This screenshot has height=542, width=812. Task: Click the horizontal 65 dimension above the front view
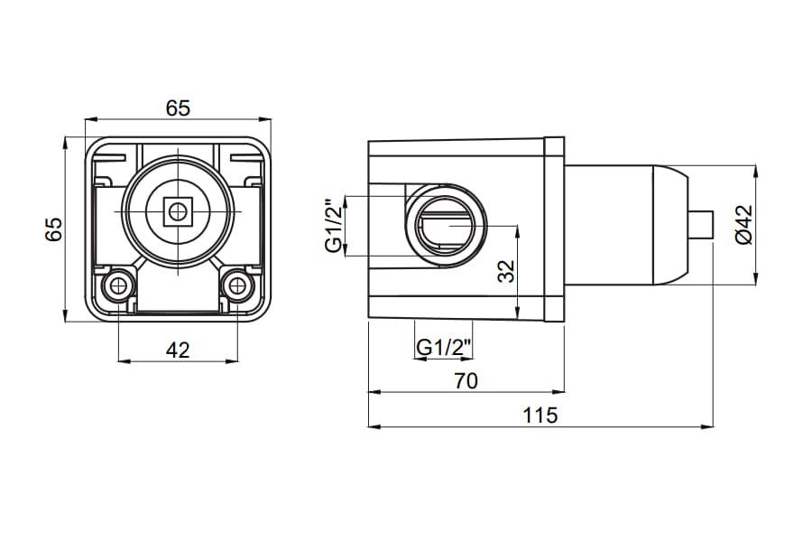tap(178, 107)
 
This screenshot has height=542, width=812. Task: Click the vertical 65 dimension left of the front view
tap(53, 229)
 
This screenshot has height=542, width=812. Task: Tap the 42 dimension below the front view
tap(178, 350)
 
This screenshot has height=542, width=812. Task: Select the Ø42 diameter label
tap(743, 225)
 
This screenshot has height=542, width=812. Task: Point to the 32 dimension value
tap(506, 270)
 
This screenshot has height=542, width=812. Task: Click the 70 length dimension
tap(466, 381)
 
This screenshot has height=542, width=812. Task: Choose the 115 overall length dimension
tap(540, 416)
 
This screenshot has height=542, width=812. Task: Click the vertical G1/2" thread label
tap(335, 226)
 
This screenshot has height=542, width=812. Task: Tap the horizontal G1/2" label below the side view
tap(444, 347)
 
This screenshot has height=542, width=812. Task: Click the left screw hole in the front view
tap(118, 285)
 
